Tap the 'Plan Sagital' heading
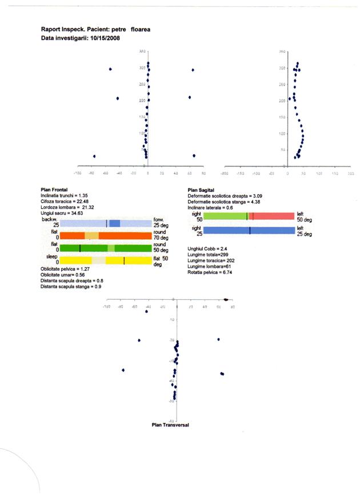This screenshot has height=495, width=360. (x=201, y=189)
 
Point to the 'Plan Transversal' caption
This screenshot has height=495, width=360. (x=170, y=425)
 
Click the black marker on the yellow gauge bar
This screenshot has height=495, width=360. (x=124, y=260)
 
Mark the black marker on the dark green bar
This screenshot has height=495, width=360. (x=80, y=248)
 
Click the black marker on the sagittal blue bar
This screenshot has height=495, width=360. (x=250, y=230)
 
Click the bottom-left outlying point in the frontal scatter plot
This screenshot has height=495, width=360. (x=94, y=156)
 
